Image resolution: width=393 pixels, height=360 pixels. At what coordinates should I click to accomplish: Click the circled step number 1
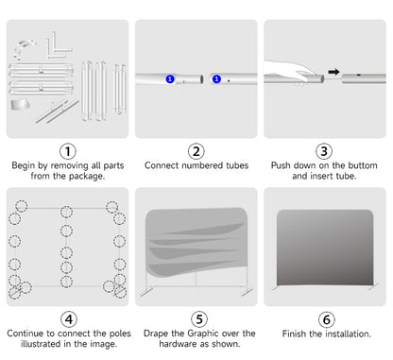click(68, 151)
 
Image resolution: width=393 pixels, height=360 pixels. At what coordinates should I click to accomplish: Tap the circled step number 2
click(196, 151)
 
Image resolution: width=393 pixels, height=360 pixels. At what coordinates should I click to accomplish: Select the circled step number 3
click(324, 151)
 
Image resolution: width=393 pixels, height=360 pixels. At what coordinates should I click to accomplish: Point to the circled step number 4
click(69, 319)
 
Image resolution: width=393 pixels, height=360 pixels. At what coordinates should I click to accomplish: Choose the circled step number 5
click(199, 319)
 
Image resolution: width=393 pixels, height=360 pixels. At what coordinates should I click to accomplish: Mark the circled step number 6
click(327, 320)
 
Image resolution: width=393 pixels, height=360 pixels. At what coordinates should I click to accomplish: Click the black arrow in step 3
click(333, 72)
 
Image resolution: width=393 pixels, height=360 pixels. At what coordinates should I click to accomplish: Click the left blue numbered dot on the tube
click(170, 79)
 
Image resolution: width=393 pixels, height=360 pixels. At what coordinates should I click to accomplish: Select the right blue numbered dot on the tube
click(216, 79)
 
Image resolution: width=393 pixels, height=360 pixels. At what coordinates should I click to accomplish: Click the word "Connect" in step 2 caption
click(162, 165)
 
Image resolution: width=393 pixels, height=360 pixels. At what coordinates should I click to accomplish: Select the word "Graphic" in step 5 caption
click(203, 334)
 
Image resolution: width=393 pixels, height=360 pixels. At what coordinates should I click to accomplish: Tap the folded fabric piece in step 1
click(20, 105)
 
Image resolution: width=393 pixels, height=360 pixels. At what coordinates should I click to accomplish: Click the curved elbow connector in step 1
click(23, 47)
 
